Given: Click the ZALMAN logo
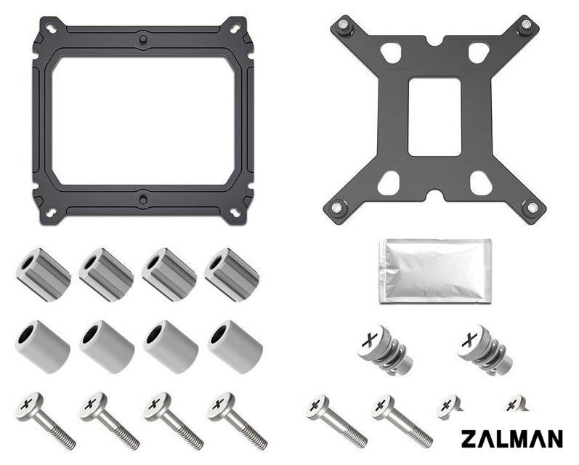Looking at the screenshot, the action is [x=511, y=439].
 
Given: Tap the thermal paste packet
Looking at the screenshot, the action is [x=435, y=271].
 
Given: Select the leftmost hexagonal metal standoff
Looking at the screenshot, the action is [x=44, y=275].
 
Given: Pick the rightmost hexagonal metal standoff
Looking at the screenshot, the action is [x=232, y=275].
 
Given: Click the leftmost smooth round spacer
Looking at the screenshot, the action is [x=42, y=347].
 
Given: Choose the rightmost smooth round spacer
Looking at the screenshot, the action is [x=235, y=347].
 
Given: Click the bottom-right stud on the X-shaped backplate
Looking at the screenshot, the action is [x=531, y=207].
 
